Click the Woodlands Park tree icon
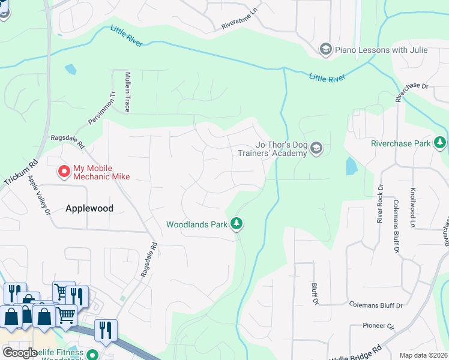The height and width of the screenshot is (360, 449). point(237,224)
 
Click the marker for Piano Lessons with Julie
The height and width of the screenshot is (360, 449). point(326,50)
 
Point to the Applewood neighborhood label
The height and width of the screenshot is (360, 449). point(89,208)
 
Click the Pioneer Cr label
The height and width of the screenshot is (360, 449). point(378,327)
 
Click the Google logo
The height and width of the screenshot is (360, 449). point(20,353)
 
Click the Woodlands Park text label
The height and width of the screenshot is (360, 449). point(196,224)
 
